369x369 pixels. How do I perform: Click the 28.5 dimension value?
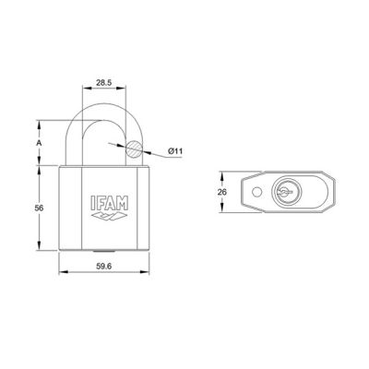pos(105,82)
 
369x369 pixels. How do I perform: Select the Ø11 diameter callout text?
pos(178,150)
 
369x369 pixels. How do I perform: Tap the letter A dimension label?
pos(37,144)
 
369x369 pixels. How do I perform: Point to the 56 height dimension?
pos(37,209)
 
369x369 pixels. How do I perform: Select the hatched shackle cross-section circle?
pos(135,148)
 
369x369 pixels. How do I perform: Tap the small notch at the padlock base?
pos(104,252)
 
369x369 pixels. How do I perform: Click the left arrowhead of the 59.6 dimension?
pos(62,272)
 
